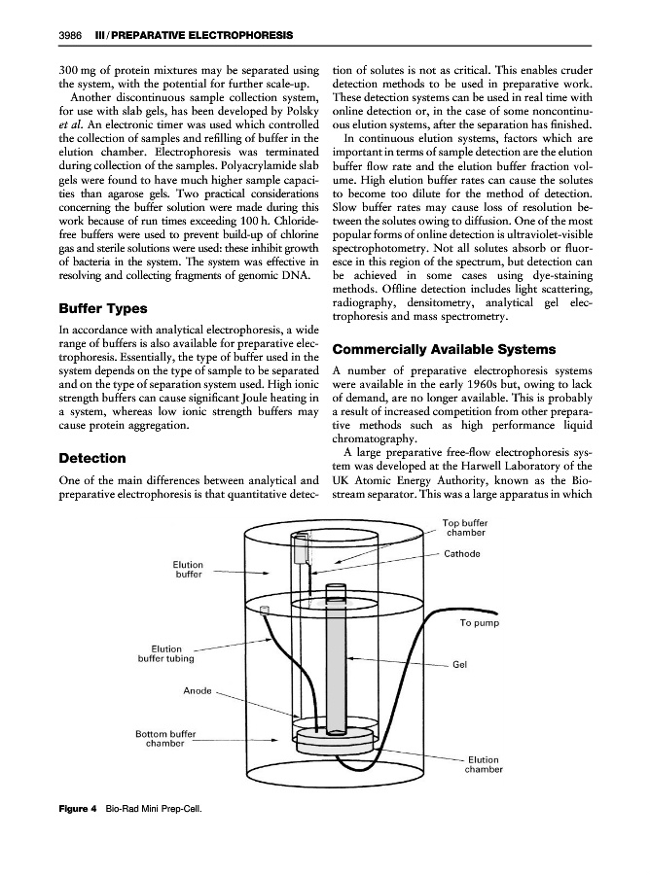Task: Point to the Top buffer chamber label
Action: pos(464,528)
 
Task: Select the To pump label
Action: pos(479,623)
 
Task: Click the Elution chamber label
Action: pos(484,765)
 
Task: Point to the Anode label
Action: pos(198,691)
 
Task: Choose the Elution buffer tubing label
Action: pos(161,653)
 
